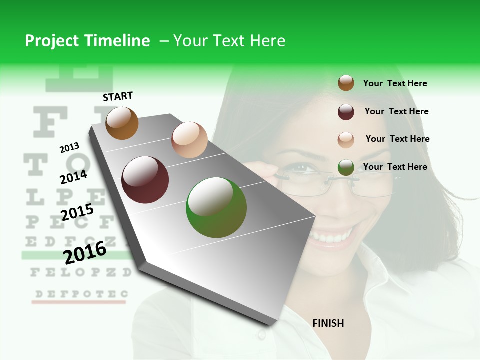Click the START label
tap(118, 96)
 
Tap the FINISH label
tap(328, 323)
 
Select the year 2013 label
tap(70, 147)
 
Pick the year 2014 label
tap(73, 177)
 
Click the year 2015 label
tap(77, 212)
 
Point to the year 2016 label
tap(85, 252)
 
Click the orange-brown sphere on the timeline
tap(122, 123)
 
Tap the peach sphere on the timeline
tap(189, 140)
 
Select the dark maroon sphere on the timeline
tap(145, 180)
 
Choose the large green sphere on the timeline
tap(216, 207)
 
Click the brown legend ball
tap(346, 83)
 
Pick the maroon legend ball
tap(346, 112)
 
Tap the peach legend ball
tap(346, 139)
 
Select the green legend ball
tap(346, 167)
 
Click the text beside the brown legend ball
tap(395, 83)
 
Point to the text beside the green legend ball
tap(395, 167)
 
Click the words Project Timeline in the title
tap(87, 41)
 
